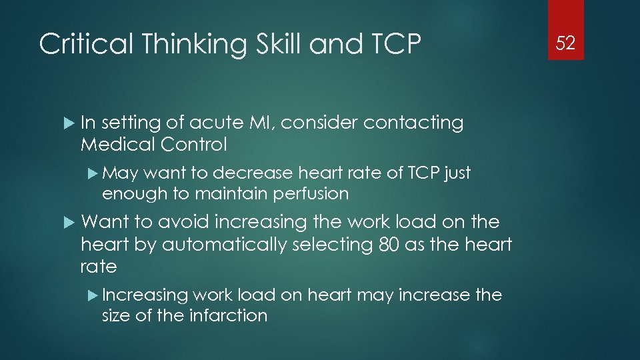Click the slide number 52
pyautogui.click(x=565, y=44)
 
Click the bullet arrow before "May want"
pyautogui.click(x=93, y=173)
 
